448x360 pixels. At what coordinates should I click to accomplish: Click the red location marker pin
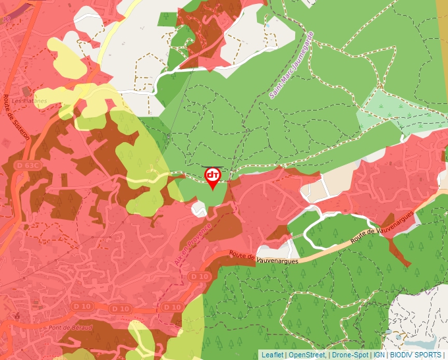coord(212,177)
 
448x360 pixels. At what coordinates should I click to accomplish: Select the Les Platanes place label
coord(30,101)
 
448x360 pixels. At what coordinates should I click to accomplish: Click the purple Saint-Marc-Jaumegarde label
coord(291,65)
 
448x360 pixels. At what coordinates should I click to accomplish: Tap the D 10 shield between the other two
coord(121,308)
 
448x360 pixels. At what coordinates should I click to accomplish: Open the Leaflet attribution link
coord(272,355)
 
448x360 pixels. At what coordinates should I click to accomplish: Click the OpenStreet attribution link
coord(306,355)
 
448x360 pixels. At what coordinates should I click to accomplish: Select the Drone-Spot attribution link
coord(350,355)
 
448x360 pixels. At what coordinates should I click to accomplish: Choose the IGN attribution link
coord(379,355)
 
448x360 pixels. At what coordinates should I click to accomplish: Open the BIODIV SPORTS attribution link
coord(415,355)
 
